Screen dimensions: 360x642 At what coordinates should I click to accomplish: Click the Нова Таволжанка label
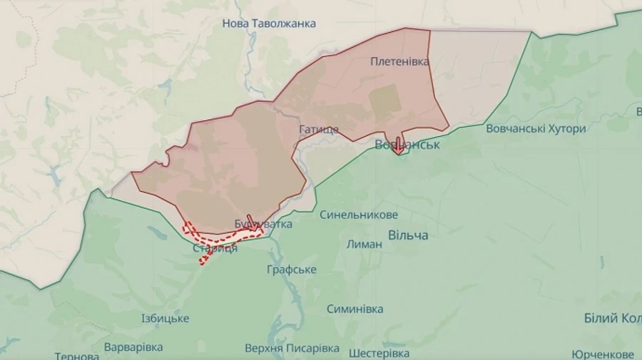click(x=269, y=24)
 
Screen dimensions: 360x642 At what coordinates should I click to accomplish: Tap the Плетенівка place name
click(x=399, y=61)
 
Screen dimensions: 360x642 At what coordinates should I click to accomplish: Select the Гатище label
click(x=319, y=130)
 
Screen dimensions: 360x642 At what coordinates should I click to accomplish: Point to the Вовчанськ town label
click(x=407, y=145)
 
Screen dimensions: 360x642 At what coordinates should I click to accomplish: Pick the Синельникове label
click(x=359, y=215)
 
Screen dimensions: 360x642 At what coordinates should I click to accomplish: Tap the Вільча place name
click(x=408, y=235)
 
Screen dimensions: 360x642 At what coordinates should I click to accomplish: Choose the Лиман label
click(x=364, y=244)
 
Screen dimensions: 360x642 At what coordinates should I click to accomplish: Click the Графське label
click(x=292, y=269)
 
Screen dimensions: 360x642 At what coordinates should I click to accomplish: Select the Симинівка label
click(x=355, y=309)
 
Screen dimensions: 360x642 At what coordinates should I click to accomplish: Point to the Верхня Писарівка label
click(x=292, y=349)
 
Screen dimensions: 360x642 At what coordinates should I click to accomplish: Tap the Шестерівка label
click(x=379, y=353)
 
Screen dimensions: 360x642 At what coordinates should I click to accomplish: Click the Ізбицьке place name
click(x=165, y=318)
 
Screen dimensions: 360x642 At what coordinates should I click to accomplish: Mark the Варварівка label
click(x=133, y=347)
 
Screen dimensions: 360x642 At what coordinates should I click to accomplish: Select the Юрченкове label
click(x=603, y=354)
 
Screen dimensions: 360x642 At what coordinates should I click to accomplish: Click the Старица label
click(x=215, y=248)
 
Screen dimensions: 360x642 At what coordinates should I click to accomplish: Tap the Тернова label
click(x=76, y=356)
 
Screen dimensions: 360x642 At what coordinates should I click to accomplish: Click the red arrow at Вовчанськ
click(x=398, y=145)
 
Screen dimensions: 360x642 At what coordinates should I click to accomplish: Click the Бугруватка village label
click(x=263, y=224)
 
